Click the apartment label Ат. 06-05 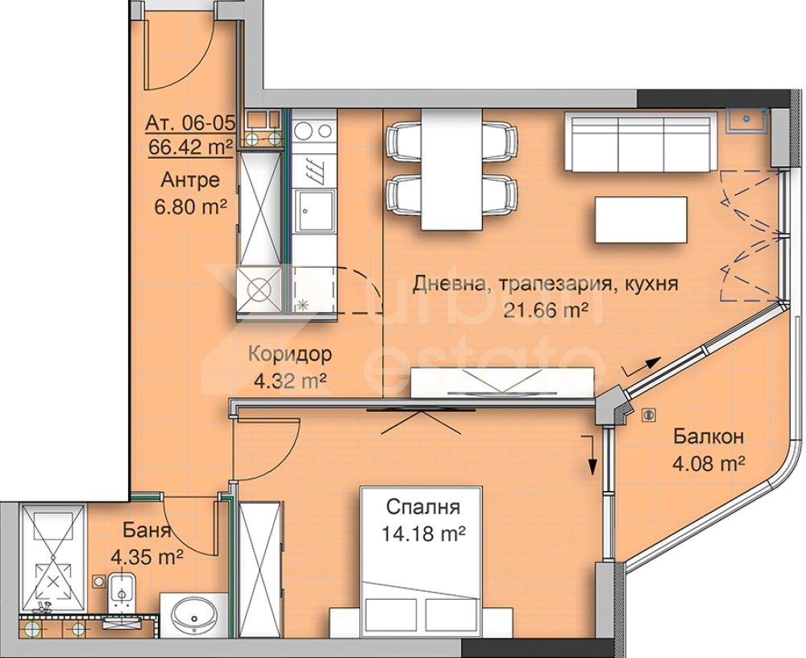(x=190, y=123)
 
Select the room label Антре (x=190, y=180)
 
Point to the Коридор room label (x=290, y=354)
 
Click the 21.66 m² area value (x=546, y=310)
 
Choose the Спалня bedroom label (x=423, y=507)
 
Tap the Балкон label (x=708, y=437)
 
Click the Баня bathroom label (x=147, y=530)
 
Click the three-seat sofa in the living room (x=640, y=141)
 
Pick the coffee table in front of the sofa (x=641, y=219)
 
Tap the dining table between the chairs (x=452, y=169)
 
